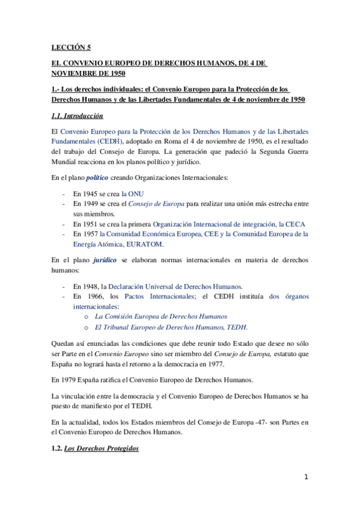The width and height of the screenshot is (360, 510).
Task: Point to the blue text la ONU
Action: pos(132,194)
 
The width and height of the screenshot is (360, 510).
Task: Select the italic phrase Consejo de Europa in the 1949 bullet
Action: pos(157,204)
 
